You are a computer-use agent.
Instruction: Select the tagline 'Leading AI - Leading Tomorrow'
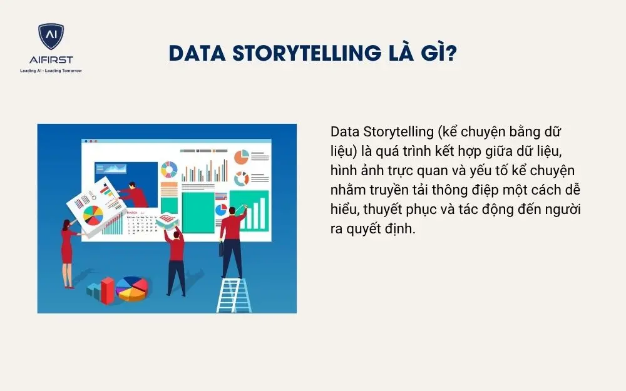[51, 71]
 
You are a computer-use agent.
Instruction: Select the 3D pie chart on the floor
[132, 288]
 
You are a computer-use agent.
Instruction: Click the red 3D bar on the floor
[108, 289]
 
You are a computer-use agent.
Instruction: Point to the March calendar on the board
[140, 222]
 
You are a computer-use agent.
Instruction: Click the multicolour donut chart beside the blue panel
[169, 170]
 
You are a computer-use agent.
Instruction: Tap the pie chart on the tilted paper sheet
[93, 215]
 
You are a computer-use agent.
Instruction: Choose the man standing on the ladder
[233, 241]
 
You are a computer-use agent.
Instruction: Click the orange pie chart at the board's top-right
[241, 156]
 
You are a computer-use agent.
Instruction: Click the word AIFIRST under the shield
[51, 60]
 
